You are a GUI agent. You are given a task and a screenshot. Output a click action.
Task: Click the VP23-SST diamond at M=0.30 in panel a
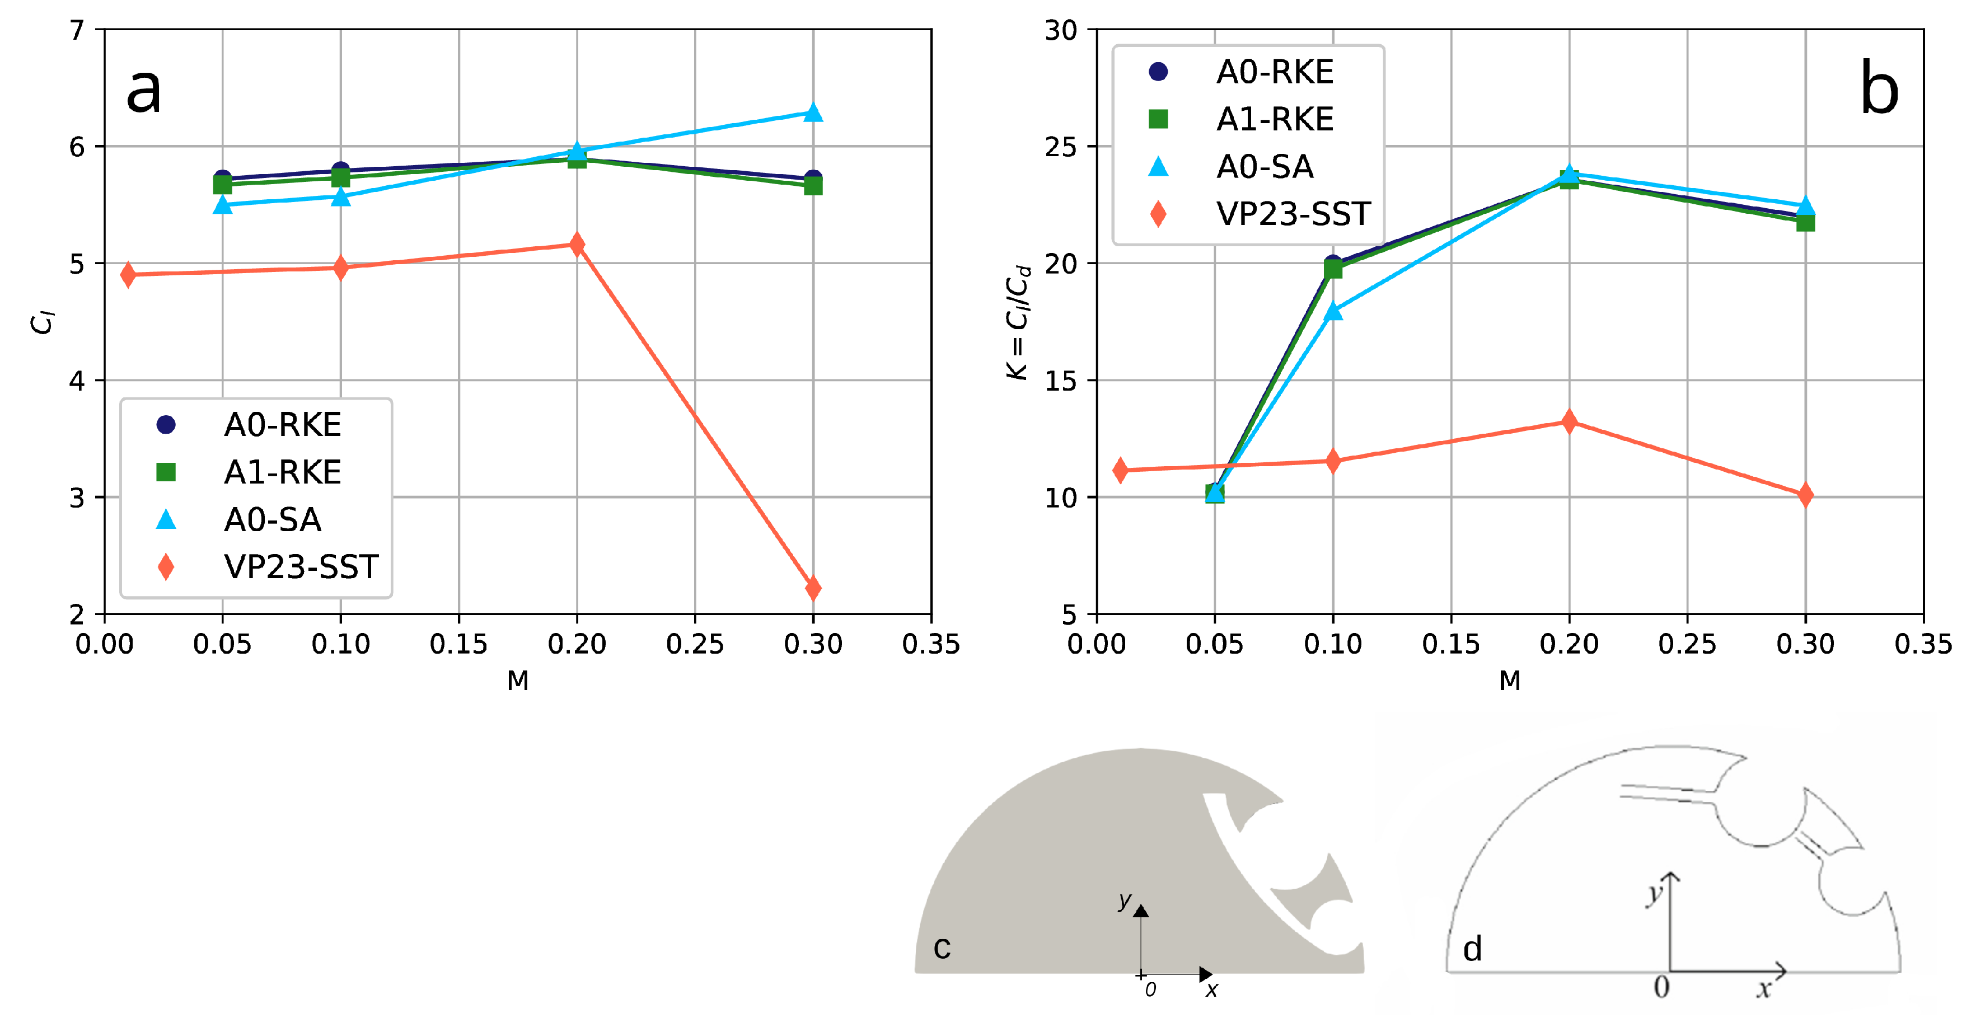coord(813,588)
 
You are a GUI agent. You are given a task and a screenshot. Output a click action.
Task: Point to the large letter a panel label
coord(143,90)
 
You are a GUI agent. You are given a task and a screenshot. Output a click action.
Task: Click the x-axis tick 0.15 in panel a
coord(458,644)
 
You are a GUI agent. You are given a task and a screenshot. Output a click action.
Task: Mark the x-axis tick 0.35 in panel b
coord(1923,644)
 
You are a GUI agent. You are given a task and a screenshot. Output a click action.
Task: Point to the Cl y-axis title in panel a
coord(43,322)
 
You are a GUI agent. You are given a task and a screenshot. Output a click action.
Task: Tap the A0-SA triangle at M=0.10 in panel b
coord(1333,311)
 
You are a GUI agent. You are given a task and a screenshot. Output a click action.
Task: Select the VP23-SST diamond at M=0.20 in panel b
coord(1569,421)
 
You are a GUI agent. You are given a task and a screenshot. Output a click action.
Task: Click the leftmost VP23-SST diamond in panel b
coord(1121,470)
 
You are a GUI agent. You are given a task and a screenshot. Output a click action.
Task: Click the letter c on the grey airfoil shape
coord(942,947)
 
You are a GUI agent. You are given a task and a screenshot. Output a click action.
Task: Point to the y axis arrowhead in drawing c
coord(1141,911)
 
